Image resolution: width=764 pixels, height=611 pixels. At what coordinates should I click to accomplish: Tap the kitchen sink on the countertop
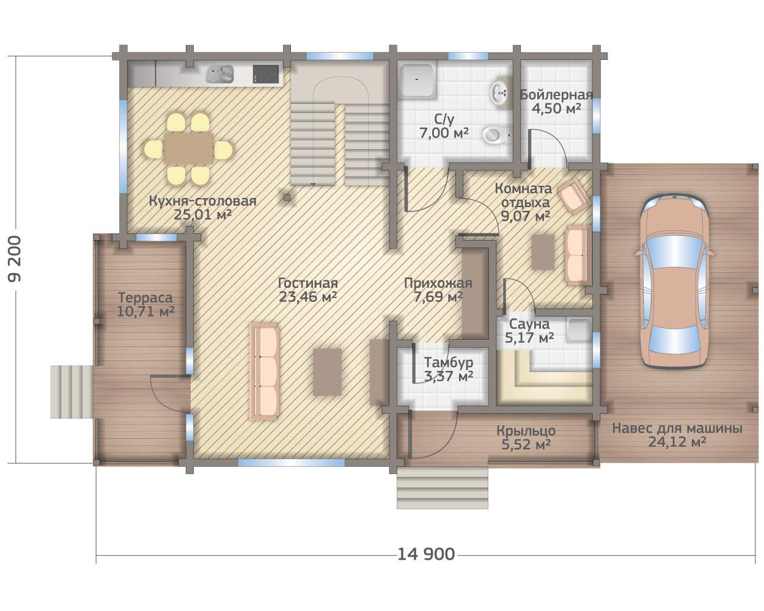pyautogui.click(x=220, y=74)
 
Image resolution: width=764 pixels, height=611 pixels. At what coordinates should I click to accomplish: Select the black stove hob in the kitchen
pyautogui.click(x=265, y=74)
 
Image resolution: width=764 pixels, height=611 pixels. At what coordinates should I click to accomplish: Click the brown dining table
pyautogui.click(x=188, y=148)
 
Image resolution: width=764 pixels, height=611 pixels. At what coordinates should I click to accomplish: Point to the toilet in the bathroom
pyautogui.click(x=496, y=135)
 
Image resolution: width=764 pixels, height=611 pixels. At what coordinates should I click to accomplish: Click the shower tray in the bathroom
pyautogui.click(x=417, y=80)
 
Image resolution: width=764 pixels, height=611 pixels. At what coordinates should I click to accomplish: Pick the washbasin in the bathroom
pyautogui.click(x=499, y=93)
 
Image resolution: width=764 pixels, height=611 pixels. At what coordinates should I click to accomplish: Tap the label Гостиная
pyautogui.click(x=308, y=284)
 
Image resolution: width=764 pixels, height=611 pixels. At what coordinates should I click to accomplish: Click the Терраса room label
pyautogui.click(x=145, y=298)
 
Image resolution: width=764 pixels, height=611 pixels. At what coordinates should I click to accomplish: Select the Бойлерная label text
pyautogui.click(x=556, y=95)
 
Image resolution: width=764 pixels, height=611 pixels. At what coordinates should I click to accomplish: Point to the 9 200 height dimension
pyautogui.click(x=15, y=259)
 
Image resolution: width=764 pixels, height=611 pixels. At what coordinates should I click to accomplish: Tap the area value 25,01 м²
pyautogui.click(x=203, y=214)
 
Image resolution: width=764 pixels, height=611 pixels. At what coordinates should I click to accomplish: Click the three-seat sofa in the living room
pyautogui.click(x=265, y=371)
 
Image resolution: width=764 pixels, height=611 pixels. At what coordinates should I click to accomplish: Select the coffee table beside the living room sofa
pyautogui.click(x=328, y=371)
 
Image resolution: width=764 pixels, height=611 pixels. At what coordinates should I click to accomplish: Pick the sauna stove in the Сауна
pyautogui.click(x=579, y=330)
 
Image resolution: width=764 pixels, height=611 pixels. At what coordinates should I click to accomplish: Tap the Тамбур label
pyautogui.click(x=449, y=362)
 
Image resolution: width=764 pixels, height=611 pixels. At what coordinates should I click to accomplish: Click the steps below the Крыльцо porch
pyautogui.click(x=443, y=488)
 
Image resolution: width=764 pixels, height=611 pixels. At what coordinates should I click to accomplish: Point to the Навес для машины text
pyautogui.click(x=677, y=428)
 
